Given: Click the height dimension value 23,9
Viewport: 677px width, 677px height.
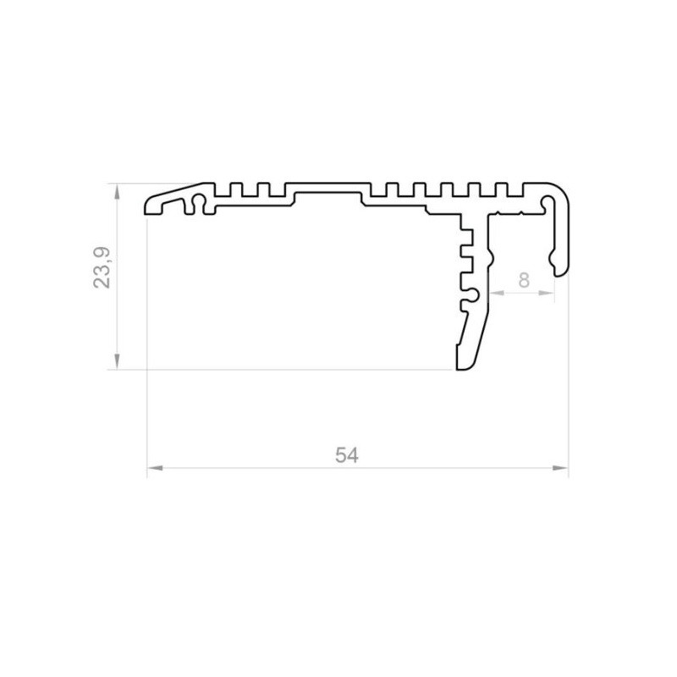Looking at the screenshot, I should [102, 267].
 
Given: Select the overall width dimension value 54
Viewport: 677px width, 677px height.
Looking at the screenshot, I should [346, 455].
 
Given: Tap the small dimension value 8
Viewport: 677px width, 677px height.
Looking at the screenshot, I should [524, 281].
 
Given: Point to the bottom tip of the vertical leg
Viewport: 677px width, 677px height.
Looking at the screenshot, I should [462, 367].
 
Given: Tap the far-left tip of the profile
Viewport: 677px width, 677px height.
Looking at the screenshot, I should [149, 208].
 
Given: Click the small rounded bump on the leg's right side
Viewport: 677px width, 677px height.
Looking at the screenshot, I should [488, 253].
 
